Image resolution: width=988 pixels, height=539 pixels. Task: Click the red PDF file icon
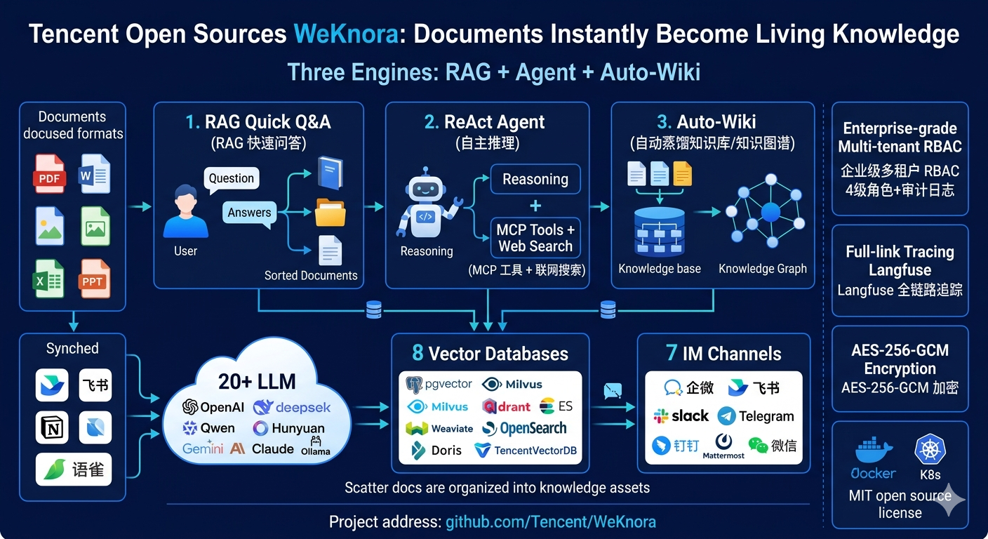(x=49, y=174)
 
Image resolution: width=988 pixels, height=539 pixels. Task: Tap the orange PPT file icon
(x=94, y=279)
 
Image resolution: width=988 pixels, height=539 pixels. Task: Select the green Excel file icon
(x=48, y=279)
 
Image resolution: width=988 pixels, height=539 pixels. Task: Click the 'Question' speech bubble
(x=232, y=180)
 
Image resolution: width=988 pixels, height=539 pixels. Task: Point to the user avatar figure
(x=186, y=211)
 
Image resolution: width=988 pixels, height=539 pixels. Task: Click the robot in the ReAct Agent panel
(x=426, y=203)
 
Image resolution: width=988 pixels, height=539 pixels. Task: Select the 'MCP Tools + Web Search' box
(x=535, y=238)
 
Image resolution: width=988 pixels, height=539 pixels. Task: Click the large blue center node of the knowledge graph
(x=770, y=212)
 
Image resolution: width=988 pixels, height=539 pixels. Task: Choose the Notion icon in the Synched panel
(x=52, y=427)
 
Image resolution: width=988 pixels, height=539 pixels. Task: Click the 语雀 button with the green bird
(x=74, y=470)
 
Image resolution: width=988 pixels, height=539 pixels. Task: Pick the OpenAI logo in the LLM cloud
(x=190, y=407)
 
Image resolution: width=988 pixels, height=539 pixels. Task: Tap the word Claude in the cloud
(x=272, y=448)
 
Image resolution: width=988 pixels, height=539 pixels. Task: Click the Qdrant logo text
(x=507, y=406)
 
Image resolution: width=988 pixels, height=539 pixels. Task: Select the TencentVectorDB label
(x=535, y=451)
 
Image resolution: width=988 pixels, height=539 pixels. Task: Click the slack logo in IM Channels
(x=681, y=415)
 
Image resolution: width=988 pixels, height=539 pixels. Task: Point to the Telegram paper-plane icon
(x=726, y=416)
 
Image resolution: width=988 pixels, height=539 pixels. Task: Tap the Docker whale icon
(x=874, y=450)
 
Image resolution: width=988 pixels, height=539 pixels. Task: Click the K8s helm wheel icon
(x=930, y=449)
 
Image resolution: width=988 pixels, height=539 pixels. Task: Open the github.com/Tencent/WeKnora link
(x=550, y=521)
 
